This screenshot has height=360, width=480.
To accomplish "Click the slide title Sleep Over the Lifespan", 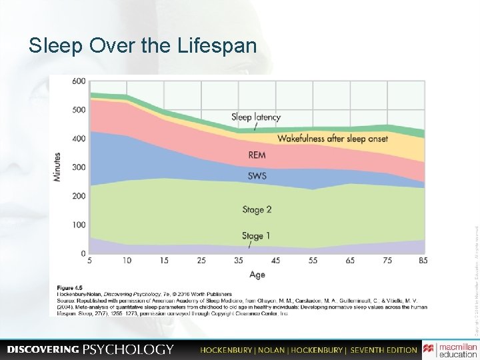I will [142, 45].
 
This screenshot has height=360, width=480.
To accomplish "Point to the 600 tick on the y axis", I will [79, 81].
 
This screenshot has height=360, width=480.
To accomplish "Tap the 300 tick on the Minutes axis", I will [79, 167].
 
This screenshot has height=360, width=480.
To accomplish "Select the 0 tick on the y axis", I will [83, 254].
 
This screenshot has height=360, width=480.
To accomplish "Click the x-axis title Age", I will [257, 275].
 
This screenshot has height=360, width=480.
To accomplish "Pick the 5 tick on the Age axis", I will [90, 261].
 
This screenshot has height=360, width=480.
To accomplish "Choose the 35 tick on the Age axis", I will [239, 261].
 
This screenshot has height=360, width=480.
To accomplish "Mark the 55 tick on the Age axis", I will [313, 261].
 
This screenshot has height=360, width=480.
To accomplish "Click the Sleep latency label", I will [256, 117].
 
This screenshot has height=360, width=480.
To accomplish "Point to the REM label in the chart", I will [257, 155].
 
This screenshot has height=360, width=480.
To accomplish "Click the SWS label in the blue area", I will [257, 176].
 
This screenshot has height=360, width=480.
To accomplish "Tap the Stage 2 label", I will [257, 209].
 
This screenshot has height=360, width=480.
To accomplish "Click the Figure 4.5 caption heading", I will [72, 288].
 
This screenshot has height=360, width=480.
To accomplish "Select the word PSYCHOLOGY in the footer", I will [128, 349].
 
